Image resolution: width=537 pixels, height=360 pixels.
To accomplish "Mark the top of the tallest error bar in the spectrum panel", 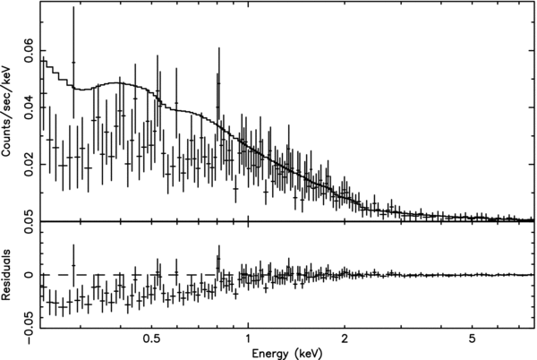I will click(x=73, y=8).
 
